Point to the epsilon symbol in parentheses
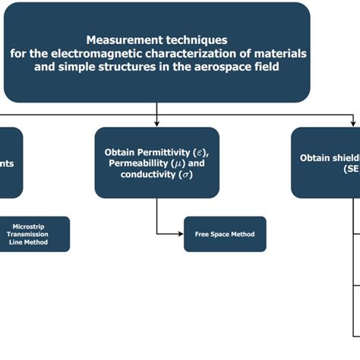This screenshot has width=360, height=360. (200, 152)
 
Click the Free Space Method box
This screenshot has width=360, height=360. (225, 235)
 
